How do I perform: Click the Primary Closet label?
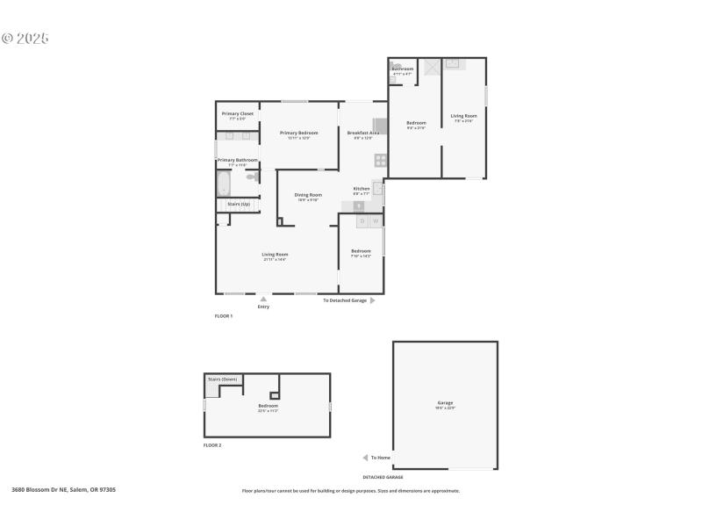click(x=238, y=113)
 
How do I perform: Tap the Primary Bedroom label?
click(x=298, y=133)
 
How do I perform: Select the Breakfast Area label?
click(x=362, y=133)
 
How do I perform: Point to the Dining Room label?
click(x=307, y=195)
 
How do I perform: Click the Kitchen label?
click(x=362, y=189)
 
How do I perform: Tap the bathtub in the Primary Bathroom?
click(x=223, y=184)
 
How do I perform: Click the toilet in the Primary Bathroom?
click(x=252, y=177)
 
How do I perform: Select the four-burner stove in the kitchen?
click(x=381, y=160)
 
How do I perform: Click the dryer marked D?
click(x=362, y=221)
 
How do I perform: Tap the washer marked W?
click(x=376, y=221)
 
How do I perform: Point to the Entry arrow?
click(x=263, y=299)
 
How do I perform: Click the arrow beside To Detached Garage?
click(x=373, y=300)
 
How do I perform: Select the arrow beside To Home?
click(x=365, y=458)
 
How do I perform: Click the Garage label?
click(x=446, y=403)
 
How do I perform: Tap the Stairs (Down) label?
click(x=223, y=379)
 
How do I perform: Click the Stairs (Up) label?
click(x=239, y=204)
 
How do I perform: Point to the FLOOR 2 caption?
click(x=212, y=445)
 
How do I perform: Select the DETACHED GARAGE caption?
click(x=383, y=477)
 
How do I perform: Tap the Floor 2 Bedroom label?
click(x=268, y=406)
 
